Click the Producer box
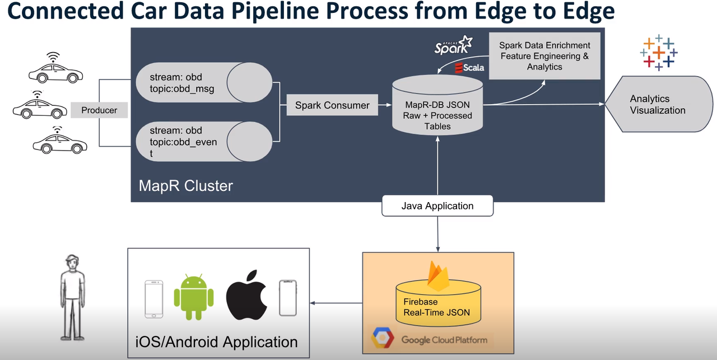coord(99,110)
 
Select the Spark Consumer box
coord(332,105)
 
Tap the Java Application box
coord(437,206)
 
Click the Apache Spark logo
coord(454,46)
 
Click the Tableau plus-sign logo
coord(659,53)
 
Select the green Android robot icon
coord(194,297)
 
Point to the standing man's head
coord(72,263)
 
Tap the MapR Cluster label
coord(185,185)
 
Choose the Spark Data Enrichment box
coord(544,56)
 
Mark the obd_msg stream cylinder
coord(203,82)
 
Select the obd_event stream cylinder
coord(203,142)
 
